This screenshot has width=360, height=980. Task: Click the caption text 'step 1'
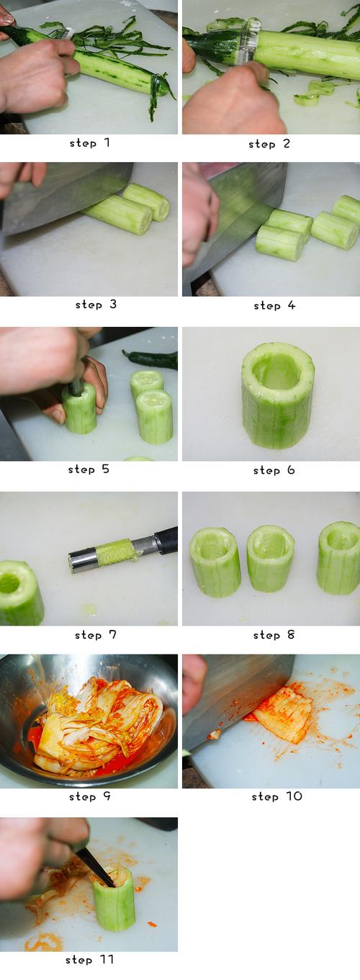click(90, 143)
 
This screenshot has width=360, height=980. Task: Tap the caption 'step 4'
click(274, 305)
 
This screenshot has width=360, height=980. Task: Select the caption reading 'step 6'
click(274, 470)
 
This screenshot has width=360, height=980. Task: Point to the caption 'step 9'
click(90, 796)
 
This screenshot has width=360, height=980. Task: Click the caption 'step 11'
click(90, 959)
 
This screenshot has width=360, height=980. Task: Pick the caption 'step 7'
click(95, 634)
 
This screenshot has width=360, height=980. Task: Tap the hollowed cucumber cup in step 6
click(278, 396)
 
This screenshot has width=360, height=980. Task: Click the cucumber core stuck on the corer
click(115, 552)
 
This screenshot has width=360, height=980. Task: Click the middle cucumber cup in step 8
click(270, 559)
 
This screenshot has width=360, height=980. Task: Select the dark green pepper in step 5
click(151, 359)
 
